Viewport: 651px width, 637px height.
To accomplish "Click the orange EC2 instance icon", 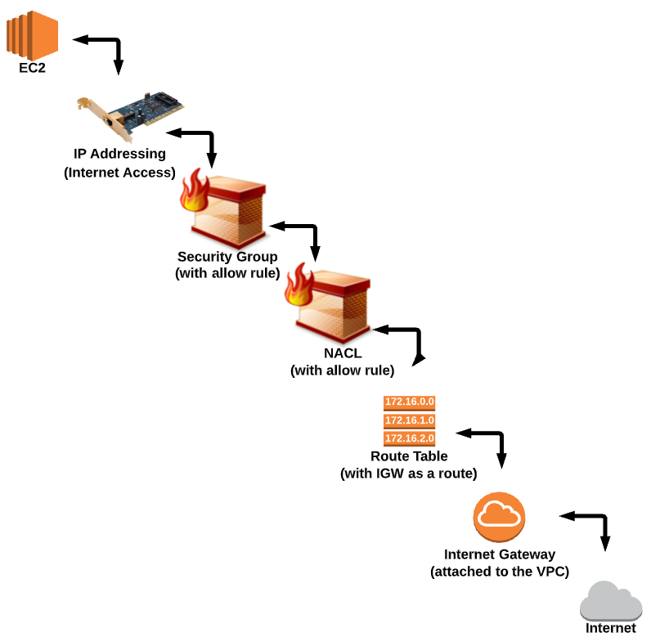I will pyautogui.click(x=33, y=32).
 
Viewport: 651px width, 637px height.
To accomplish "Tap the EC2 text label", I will pyautogui.click(x=33, y=68).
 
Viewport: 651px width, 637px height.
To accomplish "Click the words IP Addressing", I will pyautogui.click(x=119, y=154).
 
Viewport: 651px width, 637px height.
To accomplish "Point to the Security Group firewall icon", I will pyautogui.click(x=225, y=204).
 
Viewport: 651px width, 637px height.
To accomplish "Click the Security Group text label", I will pyautogui.click(x=227, y=257).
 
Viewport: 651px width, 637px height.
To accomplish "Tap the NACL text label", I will pyautogui.click(x=342, y=353).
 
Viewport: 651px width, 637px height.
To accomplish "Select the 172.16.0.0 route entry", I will pyautogui.click(x=409, y=402).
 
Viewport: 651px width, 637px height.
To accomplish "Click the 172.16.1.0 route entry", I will pyautogui.click(x=409, y=420).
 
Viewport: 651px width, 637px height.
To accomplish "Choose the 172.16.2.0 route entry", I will pyautogui.click(x=409, y=438).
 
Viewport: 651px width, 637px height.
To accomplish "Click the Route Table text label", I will pyautogui.click(x=409, y=456).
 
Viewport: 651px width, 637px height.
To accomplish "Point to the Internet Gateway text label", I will pyautogui.click(x=500, y=554).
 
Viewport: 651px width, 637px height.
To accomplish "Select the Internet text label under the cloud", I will pyautogui.click(x=610, y=628).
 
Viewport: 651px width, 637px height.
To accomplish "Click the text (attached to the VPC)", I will pyautogui.click(x=500, y=571).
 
